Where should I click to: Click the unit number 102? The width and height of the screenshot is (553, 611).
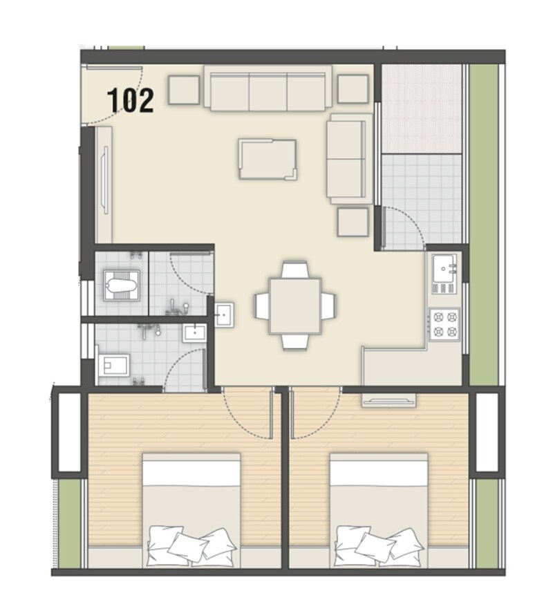[x=130, y=101]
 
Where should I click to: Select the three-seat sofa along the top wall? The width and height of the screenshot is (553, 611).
[x=268, y=88]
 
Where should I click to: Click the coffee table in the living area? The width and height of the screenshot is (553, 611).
[x=268, y=159]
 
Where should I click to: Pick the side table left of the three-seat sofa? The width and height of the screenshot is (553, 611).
[x=184, y=90]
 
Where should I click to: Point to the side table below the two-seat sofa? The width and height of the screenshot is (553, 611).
[x=353, y=222]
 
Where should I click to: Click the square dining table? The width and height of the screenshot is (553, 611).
[x=295, y=305]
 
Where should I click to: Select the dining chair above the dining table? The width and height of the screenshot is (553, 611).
[x=295, y=270]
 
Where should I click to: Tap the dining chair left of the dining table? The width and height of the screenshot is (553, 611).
[x=261, y=305]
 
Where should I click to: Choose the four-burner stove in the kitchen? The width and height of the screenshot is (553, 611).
[x=444, y=323]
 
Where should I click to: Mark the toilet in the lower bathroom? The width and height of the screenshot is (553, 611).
[x=114, y=364]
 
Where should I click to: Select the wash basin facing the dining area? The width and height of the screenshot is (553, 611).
[x=224, y=314]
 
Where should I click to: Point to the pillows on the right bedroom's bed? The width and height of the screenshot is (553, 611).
[x=378, y=542]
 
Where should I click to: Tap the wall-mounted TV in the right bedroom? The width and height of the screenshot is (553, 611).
[x=388, y=399]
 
